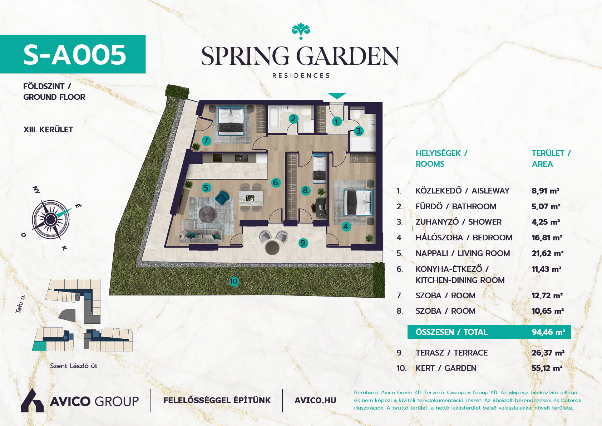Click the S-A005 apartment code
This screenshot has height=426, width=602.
coord(75,55)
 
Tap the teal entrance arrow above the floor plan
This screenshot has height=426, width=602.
coord(337,96)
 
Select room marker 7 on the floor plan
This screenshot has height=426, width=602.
coord(206,141)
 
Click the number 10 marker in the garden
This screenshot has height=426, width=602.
coord(234,281)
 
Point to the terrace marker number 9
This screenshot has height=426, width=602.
coord(303,243)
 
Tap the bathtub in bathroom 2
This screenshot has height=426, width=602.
coord(274,119)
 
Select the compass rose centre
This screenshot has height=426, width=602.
coord(50,220)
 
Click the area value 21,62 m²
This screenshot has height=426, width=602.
coord(547,253)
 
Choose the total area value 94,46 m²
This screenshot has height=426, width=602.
coord(548,332)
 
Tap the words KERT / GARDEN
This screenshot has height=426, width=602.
coord(446,368)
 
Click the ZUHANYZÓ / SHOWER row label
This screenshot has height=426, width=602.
coord(459,222)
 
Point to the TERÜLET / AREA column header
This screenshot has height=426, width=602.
coord(551,158)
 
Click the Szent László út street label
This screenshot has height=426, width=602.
coord(74,366)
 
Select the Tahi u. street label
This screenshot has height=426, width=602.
coord(20,304)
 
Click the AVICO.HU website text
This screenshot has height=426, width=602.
coord(315,401)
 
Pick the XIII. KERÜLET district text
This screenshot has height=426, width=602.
coord(48,129)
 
